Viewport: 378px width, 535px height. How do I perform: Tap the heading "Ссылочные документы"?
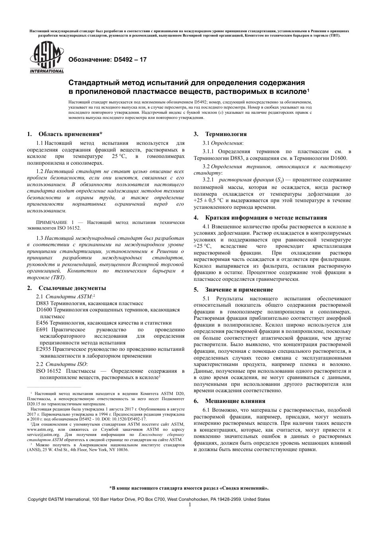[72, 288]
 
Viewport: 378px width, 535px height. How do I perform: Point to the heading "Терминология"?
[226, 134]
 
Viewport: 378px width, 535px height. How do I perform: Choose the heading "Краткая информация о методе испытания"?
[266, 218]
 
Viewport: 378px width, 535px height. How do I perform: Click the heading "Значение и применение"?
[244, 290]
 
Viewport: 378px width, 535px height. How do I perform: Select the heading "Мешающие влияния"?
[235, 401]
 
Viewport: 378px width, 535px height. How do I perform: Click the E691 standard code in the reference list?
[42, 330]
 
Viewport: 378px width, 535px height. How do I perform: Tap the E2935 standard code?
[43, 349]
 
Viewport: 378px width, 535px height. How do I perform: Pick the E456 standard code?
[42, 323]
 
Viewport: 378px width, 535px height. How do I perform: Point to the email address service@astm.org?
[43, 435]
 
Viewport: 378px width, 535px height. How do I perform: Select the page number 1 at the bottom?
[190, 505]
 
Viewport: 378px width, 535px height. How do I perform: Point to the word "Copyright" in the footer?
[37, 499]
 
